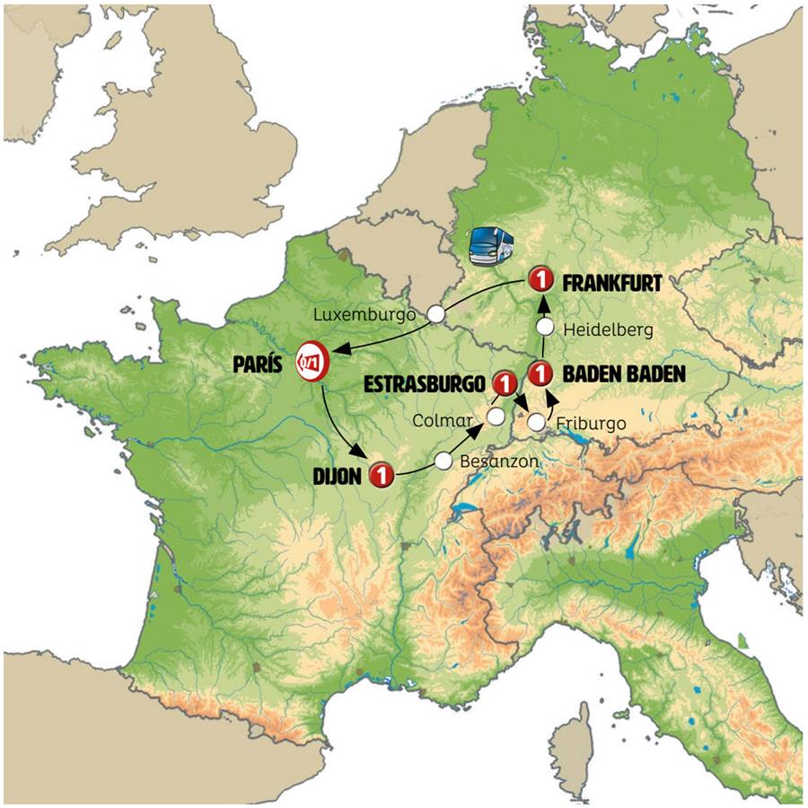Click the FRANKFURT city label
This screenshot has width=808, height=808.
click(611, 284)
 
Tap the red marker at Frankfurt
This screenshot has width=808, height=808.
click(540, 279)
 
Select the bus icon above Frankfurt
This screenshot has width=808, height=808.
click(493, 245)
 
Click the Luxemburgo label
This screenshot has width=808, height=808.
click(365, 315)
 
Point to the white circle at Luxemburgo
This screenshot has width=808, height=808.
click(435, 314)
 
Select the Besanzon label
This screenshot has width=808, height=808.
click(498, 461)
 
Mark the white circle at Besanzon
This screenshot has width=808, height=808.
click(443, 461)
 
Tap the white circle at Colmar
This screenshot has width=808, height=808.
click(496, 415)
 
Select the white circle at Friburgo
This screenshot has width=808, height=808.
click(536, 421)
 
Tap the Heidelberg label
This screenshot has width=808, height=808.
click(609, 329)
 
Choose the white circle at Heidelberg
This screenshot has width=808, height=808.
click(544, 328)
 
